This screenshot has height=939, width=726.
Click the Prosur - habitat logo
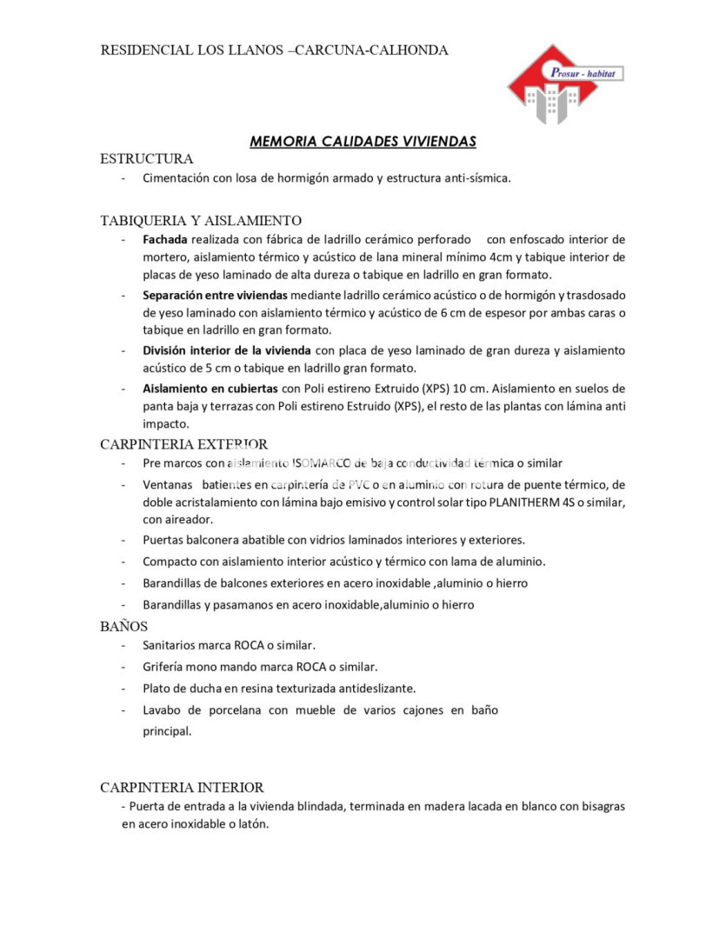565,84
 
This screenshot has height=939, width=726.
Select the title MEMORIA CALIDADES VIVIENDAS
363,141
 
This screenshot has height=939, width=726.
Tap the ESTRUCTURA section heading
146,158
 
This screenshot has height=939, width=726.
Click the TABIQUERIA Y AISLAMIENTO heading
201,220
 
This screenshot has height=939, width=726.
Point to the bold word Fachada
165,239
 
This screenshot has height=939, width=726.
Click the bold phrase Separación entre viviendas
215,295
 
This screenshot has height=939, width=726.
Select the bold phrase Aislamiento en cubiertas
210,388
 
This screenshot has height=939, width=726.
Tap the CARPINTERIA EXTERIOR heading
183,444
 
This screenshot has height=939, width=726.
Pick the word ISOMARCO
323,463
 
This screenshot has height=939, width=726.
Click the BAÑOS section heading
124,625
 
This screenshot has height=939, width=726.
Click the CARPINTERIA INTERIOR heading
182,787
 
